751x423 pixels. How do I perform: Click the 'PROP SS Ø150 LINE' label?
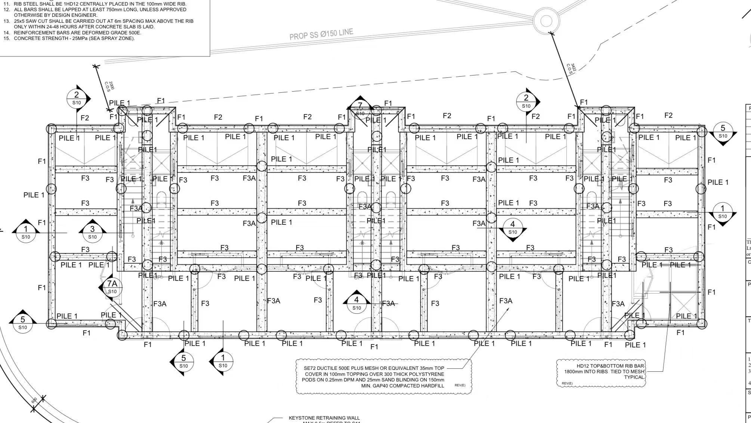(321, 34)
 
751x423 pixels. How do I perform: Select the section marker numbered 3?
(92, 232)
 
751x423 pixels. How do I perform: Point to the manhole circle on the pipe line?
(546, 21)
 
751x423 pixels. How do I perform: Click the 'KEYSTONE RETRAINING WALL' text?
(324, 418)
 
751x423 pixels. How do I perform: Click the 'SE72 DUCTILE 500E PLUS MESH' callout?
(374, 377)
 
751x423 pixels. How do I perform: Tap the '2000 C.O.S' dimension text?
(109, 86)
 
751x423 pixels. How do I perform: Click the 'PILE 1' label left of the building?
(34, 195)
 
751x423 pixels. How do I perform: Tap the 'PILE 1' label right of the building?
(718, 183)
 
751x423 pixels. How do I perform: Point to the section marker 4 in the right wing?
(512, 227)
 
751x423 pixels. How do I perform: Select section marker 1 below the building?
(223, 361)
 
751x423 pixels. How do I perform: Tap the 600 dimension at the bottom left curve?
(34, 401)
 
